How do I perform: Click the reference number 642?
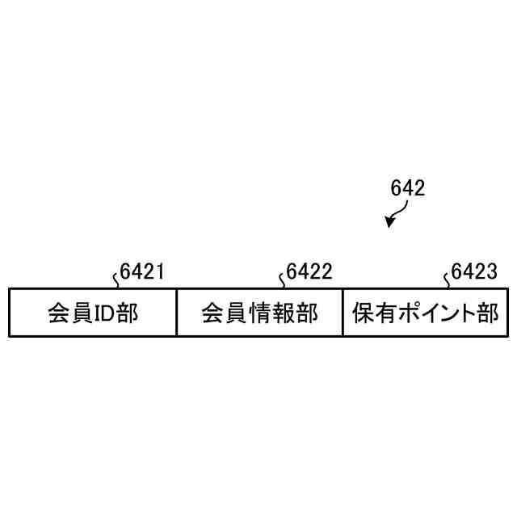407,188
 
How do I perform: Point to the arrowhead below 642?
390,221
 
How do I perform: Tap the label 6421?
142,272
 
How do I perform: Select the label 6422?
309,272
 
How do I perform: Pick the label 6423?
474,272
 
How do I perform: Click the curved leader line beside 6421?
117,280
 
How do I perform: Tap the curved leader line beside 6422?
283,280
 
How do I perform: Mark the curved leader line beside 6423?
448,280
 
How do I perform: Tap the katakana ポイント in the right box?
432,313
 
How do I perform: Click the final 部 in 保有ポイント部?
487,313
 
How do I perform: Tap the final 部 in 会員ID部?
127,313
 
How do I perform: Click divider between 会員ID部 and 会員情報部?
176,312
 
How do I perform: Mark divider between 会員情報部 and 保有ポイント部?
343,312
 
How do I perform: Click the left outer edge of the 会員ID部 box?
9,312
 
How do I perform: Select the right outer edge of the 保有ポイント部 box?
508,312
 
